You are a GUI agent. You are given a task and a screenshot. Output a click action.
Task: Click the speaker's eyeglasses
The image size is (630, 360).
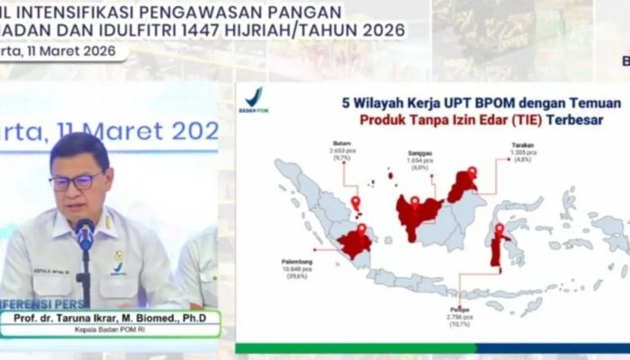coord(76,181)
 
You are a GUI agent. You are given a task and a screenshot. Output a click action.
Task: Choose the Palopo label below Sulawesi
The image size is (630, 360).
coord(460,309)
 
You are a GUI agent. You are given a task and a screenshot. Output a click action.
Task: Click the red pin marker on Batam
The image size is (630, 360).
coord(355,202)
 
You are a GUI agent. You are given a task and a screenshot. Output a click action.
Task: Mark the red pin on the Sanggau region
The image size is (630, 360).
coord(415,202)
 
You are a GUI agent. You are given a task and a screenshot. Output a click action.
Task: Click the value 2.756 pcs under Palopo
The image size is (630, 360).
coord(460,316)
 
